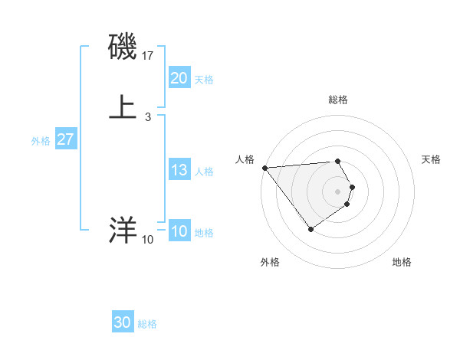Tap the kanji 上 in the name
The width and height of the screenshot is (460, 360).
pos(123,106)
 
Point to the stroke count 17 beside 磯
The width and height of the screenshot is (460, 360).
pos(149,56)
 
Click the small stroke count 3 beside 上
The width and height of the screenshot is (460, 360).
pos(147,117)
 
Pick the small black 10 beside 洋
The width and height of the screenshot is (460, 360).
pos(147,240)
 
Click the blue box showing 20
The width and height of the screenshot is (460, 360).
pos(179,78)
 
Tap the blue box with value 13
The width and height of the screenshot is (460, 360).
pos(179,170)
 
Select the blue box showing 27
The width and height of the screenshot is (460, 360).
pos(66,140)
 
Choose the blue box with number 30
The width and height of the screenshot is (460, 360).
pos(123,323)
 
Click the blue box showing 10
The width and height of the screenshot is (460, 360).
pos(179,231)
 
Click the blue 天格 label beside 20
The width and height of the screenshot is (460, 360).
pos(204,80)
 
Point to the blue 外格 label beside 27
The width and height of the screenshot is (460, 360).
pos(41,141)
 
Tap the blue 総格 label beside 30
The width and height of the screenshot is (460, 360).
pos(147,325)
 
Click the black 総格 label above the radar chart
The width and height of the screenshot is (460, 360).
pos(338,100)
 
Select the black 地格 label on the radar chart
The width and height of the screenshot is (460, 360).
pos(402,263)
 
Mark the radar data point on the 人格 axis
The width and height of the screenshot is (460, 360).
pos(264,167)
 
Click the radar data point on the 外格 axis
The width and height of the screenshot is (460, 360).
pos(310,229)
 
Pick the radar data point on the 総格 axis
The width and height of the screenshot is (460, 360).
pos(338,161)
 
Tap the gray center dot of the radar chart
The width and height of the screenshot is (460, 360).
pos(338,191)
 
